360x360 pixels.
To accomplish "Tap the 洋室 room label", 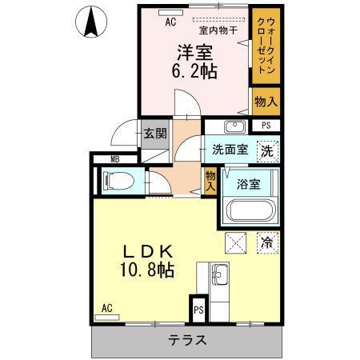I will click(x=194, y=53).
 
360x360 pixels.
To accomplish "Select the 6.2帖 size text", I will click(x=194, y=72).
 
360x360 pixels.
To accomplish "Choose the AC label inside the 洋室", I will click(x=170, y=22).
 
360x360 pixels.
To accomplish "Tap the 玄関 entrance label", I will click(x=155, y=134).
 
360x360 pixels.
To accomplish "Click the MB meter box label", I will click(x=114, y=159).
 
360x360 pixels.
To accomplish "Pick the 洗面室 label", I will click(x=230, y=150).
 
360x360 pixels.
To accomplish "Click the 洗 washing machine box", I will click(x=268, y=150).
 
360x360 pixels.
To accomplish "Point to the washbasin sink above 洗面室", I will click(x=234, y=127).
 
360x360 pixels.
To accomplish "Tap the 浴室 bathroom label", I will click(x=249, y=184).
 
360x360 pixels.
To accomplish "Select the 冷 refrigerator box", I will click(x=267, y=239).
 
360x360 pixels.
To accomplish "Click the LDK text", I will click(x=146, y=250).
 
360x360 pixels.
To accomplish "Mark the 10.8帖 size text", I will click(x=146, y=271).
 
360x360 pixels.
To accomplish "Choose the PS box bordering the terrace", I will click(x=198, y=310).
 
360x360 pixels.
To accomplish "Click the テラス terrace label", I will click(x=187, y=341).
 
